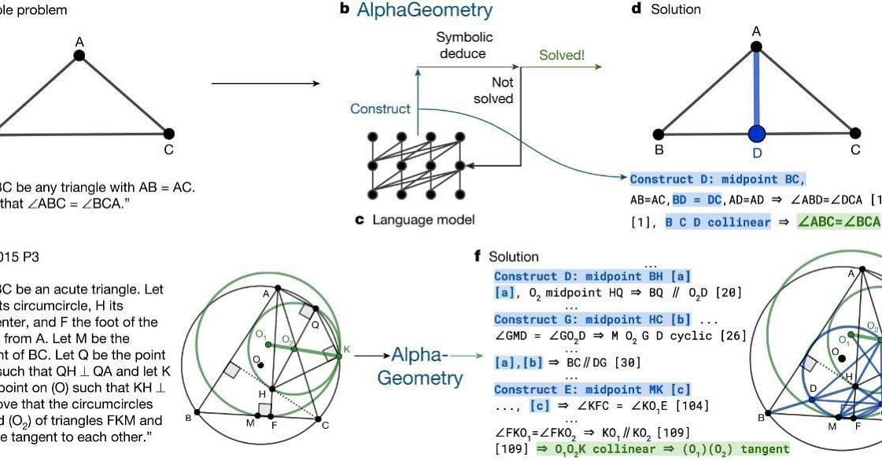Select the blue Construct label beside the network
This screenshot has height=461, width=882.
(381, 109)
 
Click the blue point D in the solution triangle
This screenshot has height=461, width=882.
(757, 133)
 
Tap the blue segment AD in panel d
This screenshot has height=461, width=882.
(757, 87)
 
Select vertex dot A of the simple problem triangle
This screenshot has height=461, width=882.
(79, 55)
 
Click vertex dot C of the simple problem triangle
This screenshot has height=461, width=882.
(168, 133)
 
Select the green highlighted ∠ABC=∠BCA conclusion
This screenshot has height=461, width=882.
(838, 222)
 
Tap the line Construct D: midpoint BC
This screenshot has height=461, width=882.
(718, 179)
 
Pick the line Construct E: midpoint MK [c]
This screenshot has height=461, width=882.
(592, 389)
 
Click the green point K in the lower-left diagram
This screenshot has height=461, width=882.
(338, 356)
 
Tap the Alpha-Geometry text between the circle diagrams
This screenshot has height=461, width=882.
(419, 367)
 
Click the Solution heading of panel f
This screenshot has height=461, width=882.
(513, 256)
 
